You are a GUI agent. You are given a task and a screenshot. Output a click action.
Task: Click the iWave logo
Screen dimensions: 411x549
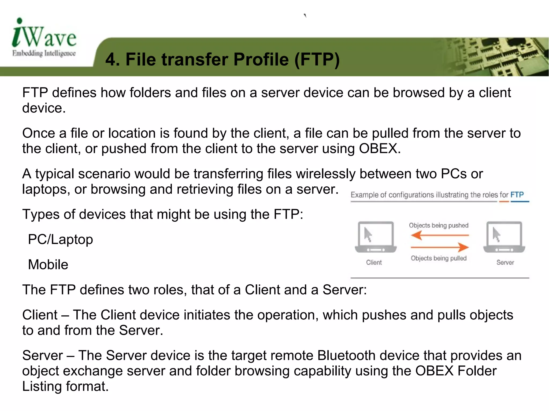pyautogui.click(x=44, y=34)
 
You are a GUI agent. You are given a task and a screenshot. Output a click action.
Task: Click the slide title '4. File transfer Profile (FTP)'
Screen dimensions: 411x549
pyautogui.click(x=222, y=59)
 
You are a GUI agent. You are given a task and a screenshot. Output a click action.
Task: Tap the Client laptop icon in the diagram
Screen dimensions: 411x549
pyautogui.click(x=376, y=237)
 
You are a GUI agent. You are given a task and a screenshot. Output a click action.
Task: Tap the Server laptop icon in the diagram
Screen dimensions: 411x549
pyautogui.click(x=504, y=237)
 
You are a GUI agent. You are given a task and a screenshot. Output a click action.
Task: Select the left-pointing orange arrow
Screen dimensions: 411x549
pyautogui.click(x=440, y=235)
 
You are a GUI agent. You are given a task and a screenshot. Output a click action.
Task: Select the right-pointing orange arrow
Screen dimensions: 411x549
pyautogui.click(x=440, y=247)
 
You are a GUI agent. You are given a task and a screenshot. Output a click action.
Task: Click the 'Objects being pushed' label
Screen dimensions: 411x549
pyautogui.click(x=439, y=225)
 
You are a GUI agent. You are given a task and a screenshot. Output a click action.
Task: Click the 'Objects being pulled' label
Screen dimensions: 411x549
pyautogui.click(x=439, y=258)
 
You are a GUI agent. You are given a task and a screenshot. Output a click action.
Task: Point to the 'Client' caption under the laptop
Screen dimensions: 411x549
pyautogui.click(x=374, y=262)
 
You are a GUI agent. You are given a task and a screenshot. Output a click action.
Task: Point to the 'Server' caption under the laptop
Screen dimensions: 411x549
pyautogui.click(x=505, y=262)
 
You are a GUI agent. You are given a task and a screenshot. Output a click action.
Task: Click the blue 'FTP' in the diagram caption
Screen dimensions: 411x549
pyautogui.click(x=517, y=195)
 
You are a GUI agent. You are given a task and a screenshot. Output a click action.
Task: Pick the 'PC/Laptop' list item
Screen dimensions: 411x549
pyautogui.click(x=61, y=239)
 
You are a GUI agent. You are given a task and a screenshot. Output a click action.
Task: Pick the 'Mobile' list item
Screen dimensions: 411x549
pyautogui.click(x=48, y=265)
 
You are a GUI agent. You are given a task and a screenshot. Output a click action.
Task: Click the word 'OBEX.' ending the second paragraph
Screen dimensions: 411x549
pyautogui.click(x=380, y=148)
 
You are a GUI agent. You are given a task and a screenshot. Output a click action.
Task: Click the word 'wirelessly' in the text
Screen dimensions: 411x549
pyautogui.click(x=326, y=174)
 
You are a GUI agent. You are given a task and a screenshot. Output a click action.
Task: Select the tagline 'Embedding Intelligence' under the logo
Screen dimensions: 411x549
pyautogui.click(x=44, y=53)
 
